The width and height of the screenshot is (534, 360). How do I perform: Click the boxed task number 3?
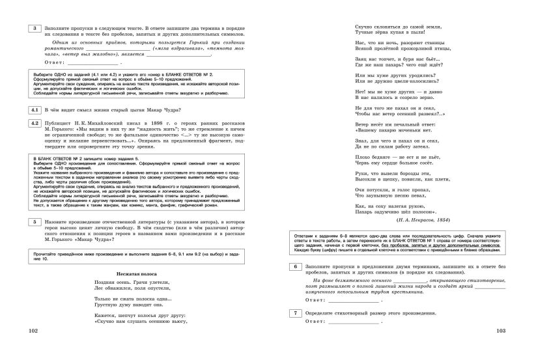(x=35, y=28)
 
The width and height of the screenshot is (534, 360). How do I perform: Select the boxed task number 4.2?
(x=35, y=124)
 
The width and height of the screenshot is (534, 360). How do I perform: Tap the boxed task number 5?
(x=35, y=222)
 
